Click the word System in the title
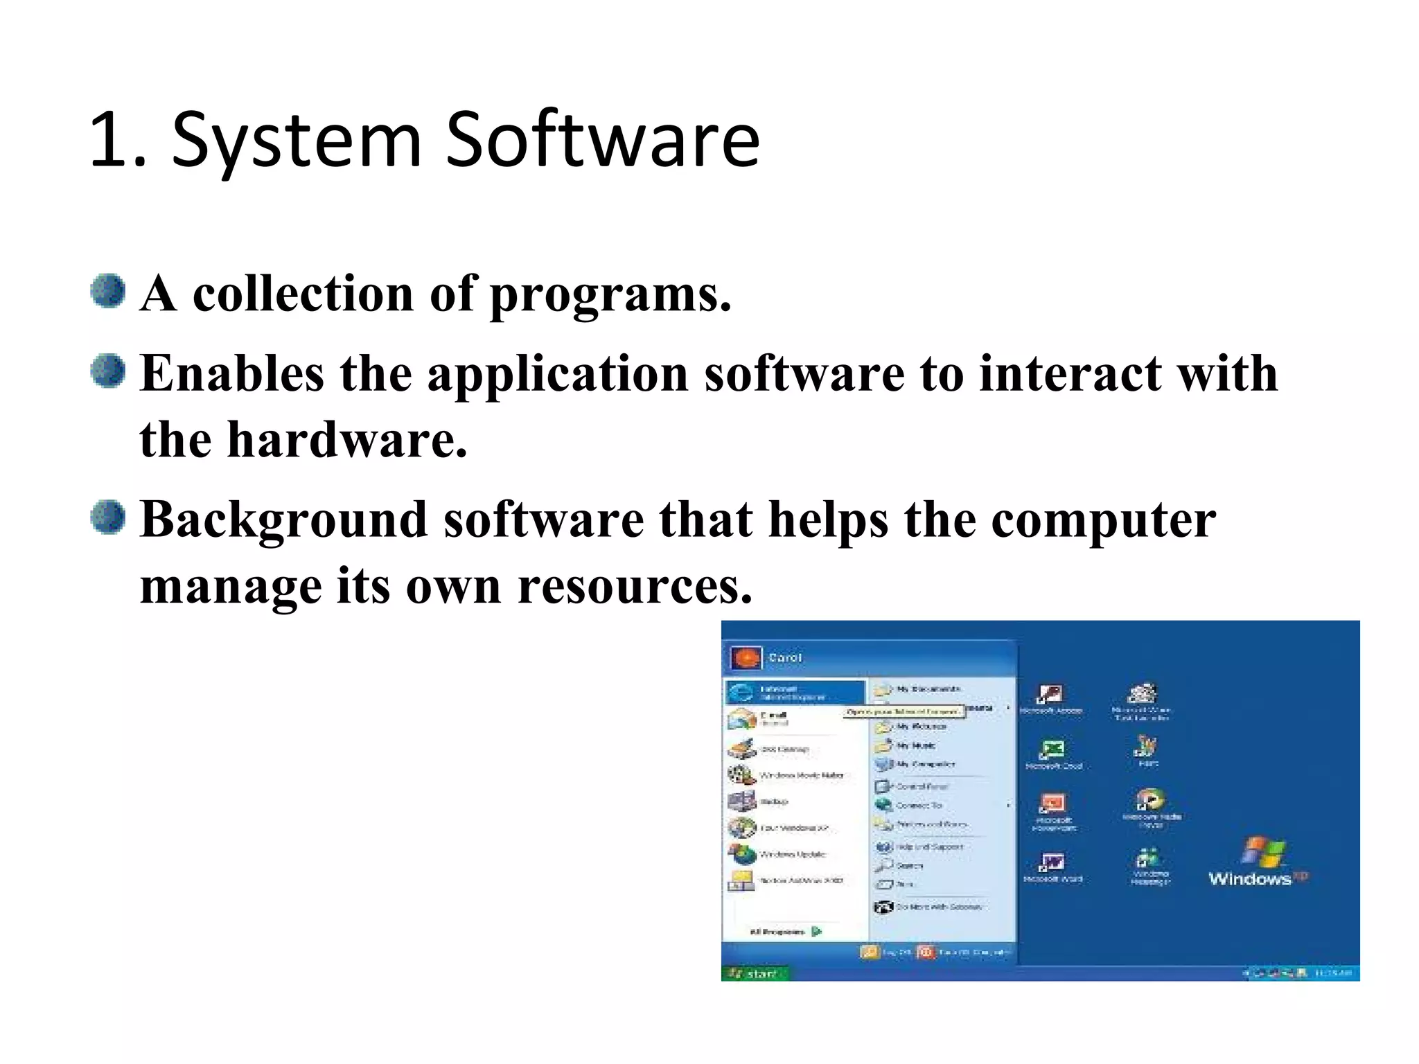pyautogui.click(x=297, y=141)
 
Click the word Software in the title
pyautogui.click(x=603, y=141)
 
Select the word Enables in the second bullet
pyautogui.click(x=232, y=373)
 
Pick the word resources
pyautogui.click(x=634, y=586)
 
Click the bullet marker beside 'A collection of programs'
pyautogui.click(x=108, y=291)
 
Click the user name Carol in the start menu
pyautogui.click(x=785, y=657)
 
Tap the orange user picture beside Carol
pyautogui.click(x=746, y=657)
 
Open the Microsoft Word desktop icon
pyautogui.click(x=1052, y=862)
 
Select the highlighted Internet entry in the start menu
pyautogui.click(x=795, y=692)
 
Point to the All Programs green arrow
pyautogui.click(x=817, y=932)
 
